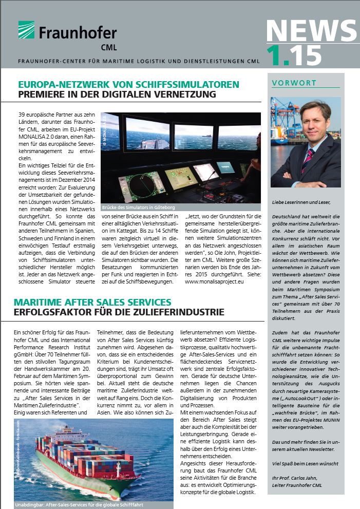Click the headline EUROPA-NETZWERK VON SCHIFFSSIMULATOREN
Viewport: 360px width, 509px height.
[128, 84]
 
